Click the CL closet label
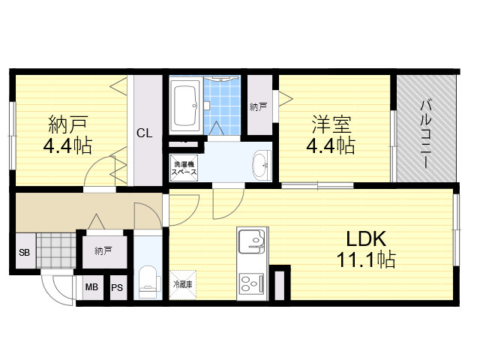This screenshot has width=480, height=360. point(144,133)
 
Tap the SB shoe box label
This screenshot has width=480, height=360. point(24,252)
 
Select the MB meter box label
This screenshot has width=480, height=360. point(91,286)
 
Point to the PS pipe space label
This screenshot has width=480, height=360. point(117,287)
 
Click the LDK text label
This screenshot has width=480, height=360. point(366,238)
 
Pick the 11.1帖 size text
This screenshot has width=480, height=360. point(366,259)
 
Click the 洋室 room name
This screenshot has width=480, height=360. point(331,124)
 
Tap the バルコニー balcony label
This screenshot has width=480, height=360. point(425,133)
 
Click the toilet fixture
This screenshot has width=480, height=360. point(148,282)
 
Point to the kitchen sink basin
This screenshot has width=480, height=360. point(251,241)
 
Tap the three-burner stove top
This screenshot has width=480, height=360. point(251,283)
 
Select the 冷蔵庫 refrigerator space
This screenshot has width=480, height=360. point(183,284)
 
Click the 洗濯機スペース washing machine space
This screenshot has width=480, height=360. point(184,168)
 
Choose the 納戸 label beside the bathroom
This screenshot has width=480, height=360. point(258,106)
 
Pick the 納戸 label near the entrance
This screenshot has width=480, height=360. point(103,251)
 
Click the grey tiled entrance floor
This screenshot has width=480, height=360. point(56,250)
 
